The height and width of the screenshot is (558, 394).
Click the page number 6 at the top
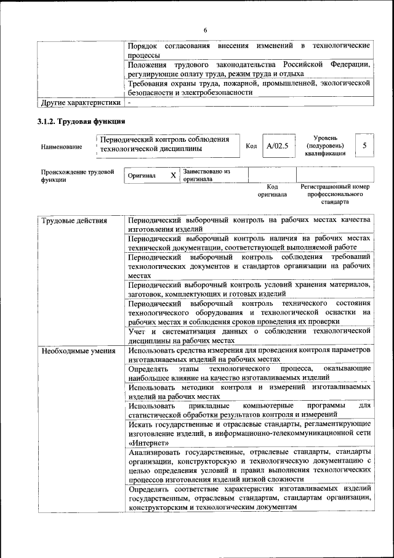pos(206,31)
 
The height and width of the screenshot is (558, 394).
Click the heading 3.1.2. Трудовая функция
pos(82,121)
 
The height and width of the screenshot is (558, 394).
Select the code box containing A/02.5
pos(278,146)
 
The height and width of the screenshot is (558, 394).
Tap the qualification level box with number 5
pos(364,146)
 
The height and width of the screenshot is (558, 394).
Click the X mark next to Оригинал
pos(173,176)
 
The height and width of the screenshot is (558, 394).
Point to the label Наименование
pos(61,147)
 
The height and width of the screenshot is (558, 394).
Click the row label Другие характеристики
pos(80,102)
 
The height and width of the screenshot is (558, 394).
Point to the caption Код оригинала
pos(272,191)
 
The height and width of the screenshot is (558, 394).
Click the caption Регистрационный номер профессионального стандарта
pos(334,194)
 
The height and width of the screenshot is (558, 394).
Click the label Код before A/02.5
pos(251,146)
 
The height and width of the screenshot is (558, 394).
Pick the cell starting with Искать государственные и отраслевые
pos(249,433)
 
